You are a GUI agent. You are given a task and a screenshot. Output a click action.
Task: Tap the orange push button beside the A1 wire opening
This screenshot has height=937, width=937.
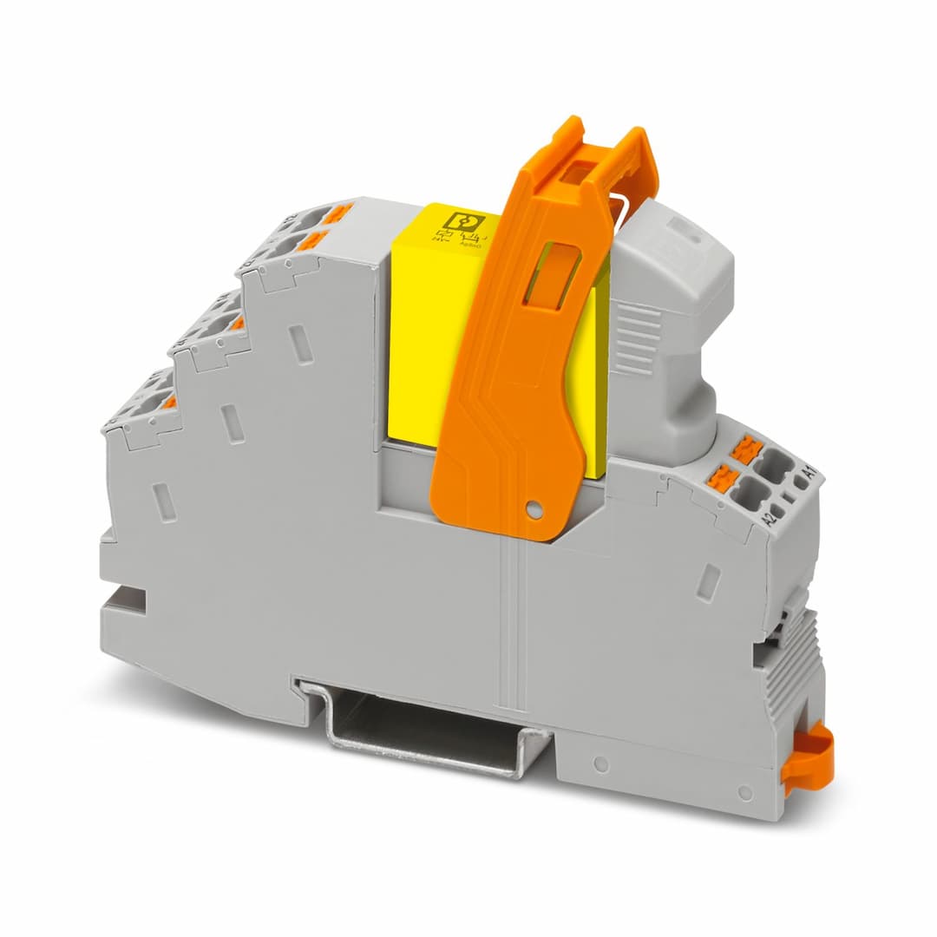[x=747, y=449]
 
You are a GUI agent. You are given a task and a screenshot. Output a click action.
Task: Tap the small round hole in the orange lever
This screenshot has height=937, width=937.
[x=534, y=511]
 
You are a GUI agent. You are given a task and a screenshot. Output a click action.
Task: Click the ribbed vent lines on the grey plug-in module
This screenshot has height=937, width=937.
[x=639, y=338]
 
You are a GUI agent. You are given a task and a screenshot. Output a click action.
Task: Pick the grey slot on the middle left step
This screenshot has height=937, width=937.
[x=233, y=424]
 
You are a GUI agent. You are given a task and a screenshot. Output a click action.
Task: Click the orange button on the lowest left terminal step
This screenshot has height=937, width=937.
[x=170, y=402]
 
